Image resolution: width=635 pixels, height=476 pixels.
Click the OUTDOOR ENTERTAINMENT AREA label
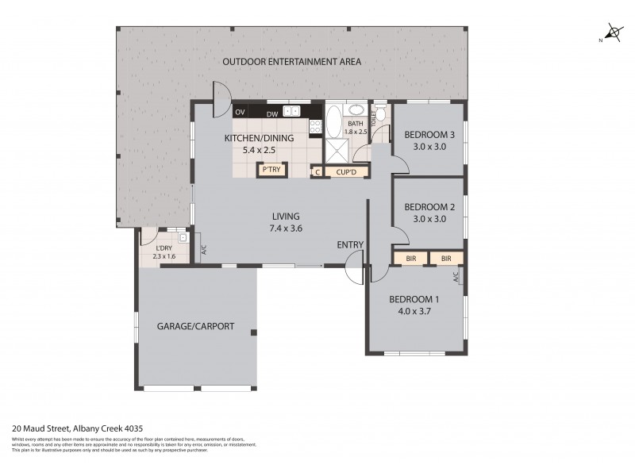[x=291, y=62]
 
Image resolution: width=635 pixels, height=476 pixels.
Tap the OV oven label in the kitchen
[x=239, y=113]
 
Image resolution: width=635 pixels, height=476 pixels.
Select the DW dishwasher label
[x=271, y=113]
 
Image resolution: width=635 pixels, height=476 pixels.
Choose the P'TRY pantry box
[x=269, y=171]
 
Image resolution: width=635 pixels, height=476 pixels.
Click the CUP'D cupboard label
[x=347, y=171]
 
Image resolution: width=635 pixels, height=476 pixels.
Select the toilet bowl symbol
[x=381, y=116]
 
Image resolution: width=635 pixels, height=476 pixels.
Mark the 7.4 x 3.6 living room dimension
[x=286, y=228]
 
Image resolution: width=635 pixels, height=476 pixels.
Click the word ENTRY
[x=349, y=244]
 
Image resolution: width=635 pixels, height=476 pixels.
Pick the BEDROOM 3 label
[x=429, y=134]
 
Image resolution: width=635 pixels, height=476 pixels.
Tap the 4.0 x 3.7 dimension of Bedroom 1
[x=413, y=312]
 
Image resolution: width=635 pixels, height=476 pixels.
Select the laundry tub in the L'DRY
[x=183, y=237]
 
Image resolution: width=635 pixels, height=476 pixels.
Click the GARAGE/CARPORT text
[x=195, y=325]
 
